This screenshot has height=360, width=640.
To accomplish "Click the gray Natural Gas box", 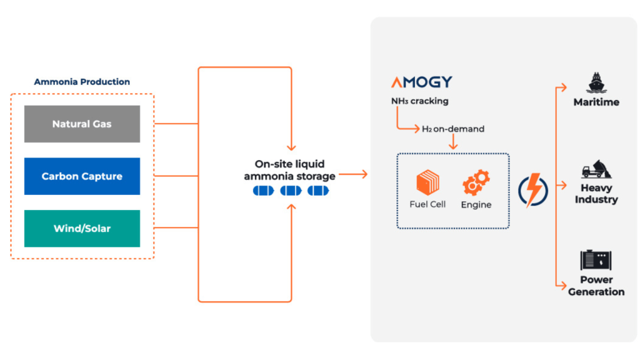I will coord(82,124).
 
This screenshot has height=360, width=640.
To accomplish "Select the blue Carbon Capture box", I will coord(82,176).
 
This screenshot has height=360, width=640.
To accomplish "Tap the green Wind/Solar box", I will coord(82,228).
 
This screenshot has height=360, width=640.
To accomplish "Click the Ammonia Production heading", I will coord(82,82).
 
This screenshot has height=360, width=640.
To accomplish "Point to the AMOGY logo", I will coord(422,82).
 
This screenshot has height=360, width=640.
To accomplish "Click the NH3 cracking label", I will coord(419,101).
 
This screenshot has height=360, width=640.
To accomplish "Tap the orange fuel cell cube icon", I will coord(428,183).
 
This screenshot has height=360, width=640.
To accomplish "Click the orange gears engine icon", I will coord(476,182).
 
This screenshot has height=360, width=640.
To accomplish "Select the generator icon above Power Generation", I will coord(596,259).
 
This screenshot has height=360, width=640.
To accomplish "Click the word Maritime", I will coord(596,102).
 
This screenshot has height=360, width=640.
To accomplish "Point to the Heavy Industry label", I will coord(596,194).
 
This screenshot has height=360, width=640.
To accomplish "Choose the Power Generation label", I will coord(596,286).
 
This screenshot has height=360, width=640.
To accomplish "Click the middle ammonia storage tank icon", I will coord(291,191).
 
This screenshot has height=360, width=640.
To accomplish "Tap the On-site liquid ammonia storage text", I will coord(289,170).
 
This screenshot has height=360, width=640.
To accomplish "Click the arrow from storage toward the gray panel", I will coord(354,176).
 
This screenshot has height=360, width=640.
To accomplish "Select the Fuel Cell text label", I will coord(428,204).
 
